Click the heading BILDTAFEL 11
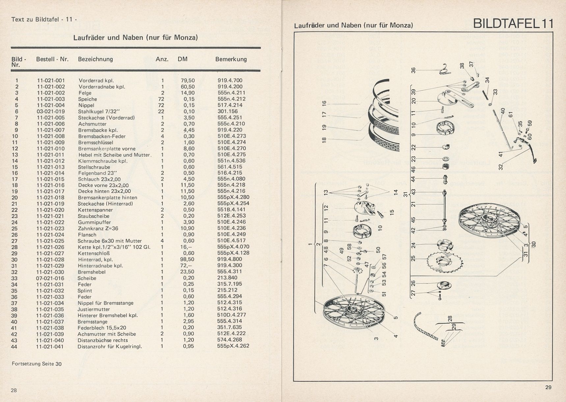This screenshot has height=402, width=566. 513,24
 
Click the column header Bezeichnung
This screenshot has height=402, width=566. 95,59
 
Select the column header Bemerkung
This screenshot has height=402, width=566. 231,59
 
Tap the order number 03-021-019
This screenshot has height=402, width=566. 51,111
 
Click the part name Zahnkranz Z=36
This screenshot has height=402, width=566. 98,228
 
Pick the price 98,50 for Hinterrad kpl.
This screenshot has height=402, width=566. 188,259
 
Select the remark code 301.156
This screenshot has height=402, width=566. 228,111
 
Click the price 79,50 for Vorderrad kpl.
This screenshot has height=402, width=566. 188,80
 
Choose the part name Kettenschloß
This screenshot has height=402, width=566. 94,253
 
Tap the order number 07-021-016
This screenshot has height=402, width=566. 51,278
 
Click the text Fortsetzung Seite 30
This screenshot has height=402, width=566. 37,364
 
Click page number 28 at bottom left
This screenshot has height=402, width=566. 14,390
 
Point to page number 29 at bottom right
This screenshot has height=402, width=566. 548,387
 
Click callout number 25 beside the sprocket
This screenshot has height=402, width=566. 414,258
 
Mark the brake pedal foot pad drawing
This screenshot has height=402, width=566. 534,160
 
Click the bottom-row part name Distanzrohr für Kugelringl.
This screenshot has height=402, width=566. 110,346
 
